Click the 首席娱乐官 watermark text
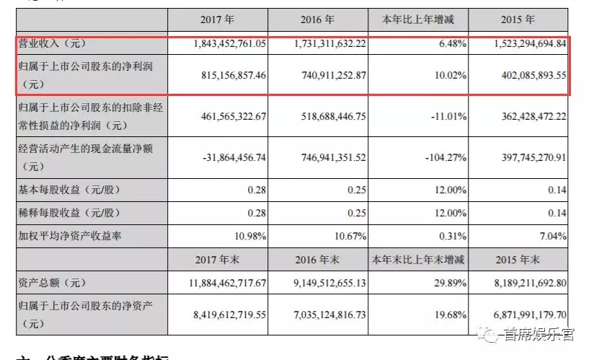[x=538, y=333]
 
